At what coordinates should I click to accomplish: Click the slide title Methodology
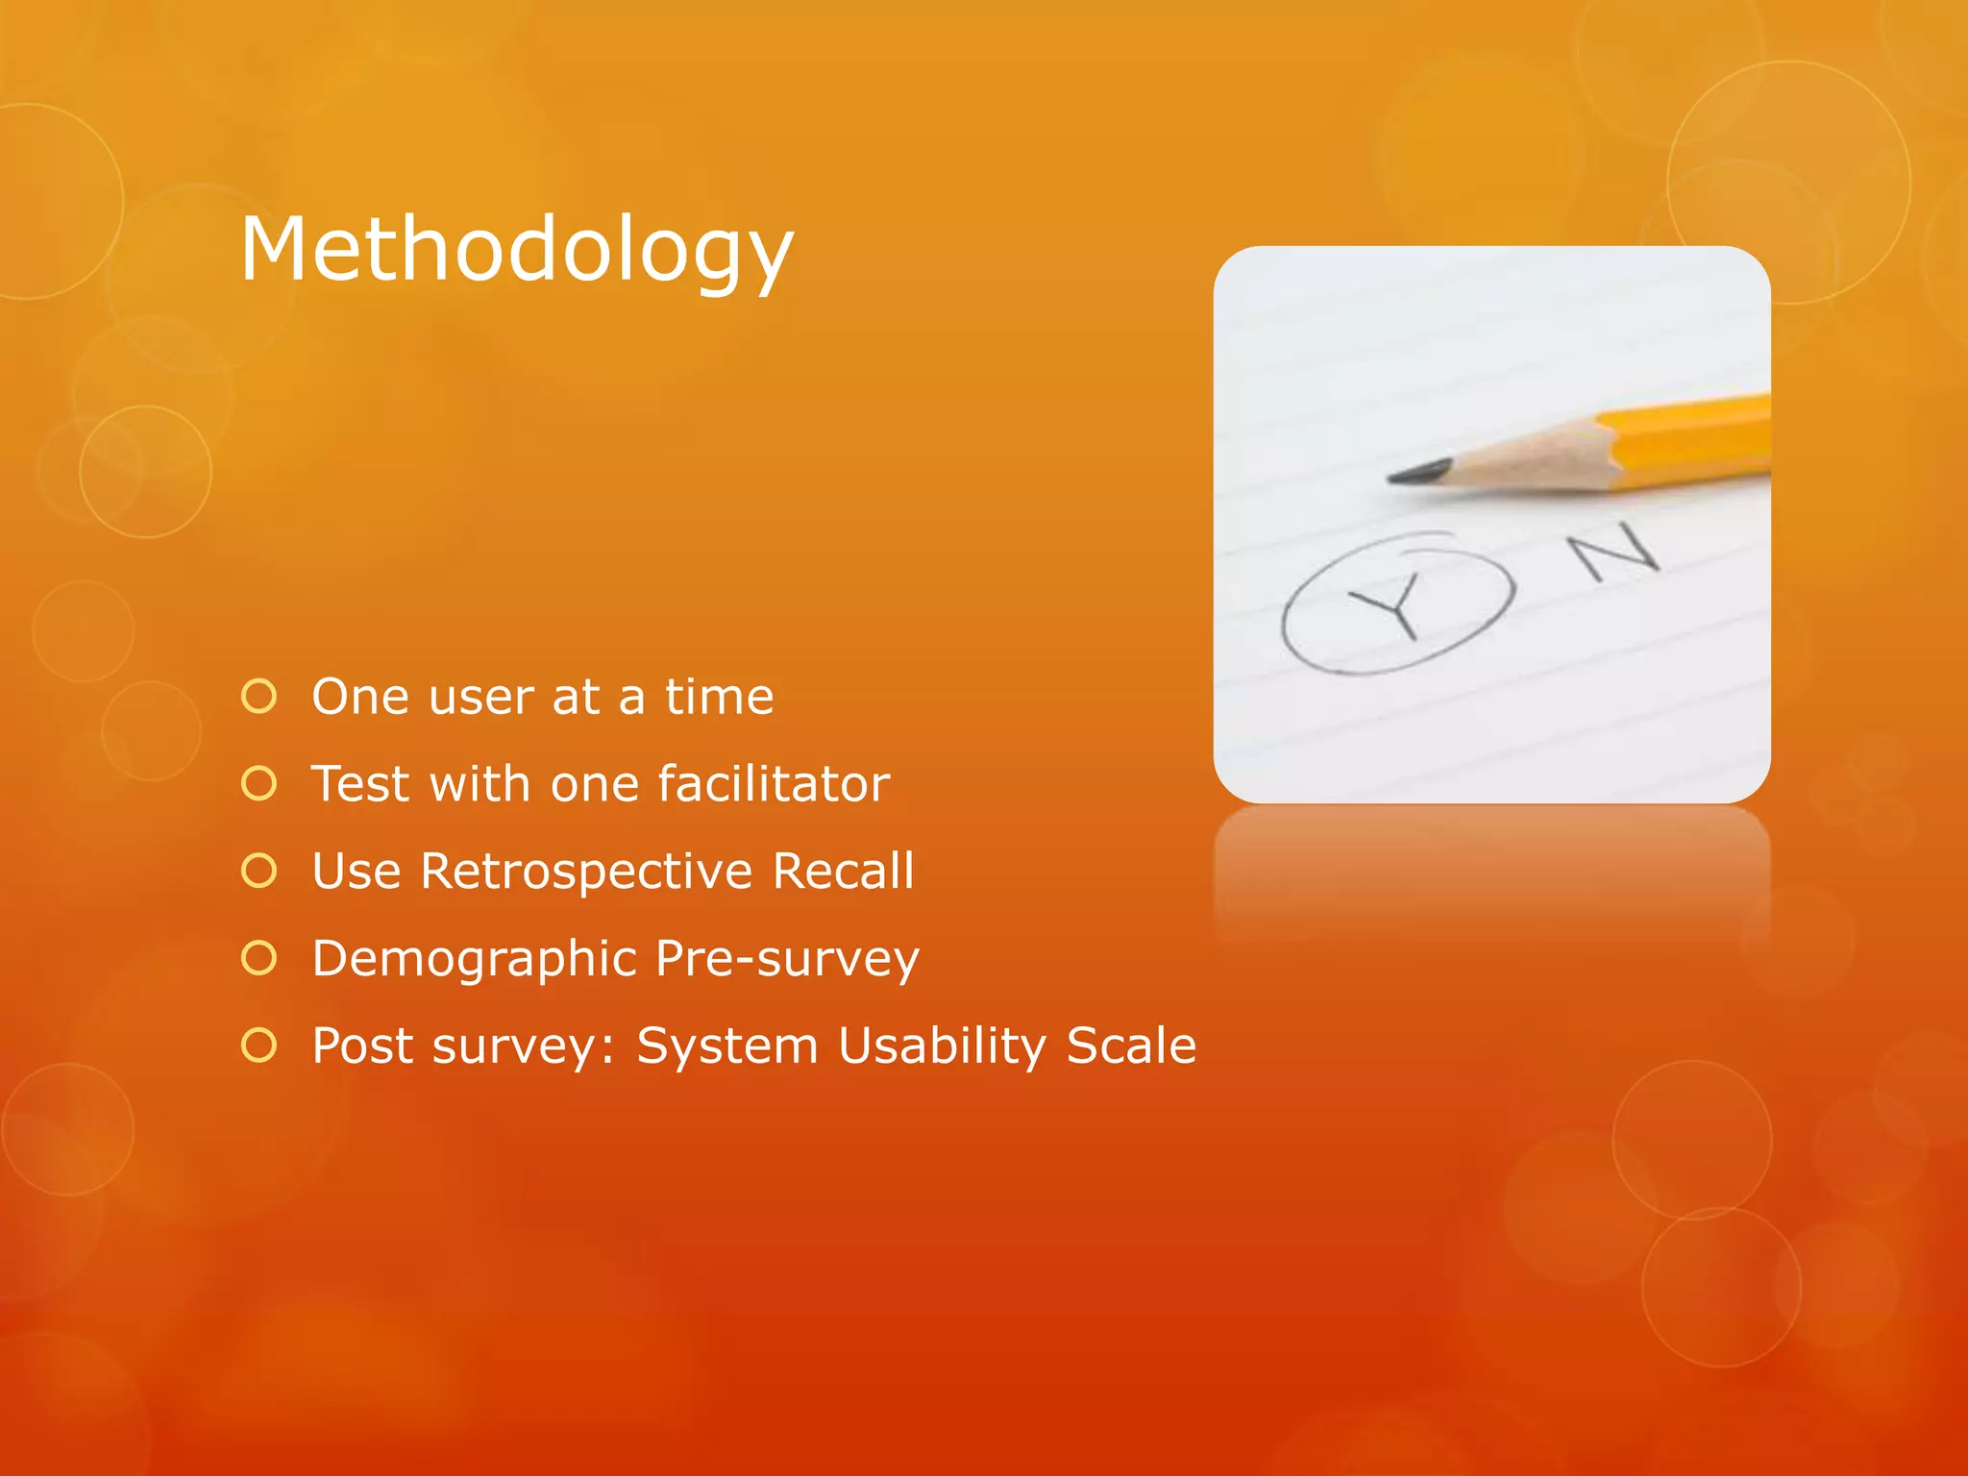click(517, 250)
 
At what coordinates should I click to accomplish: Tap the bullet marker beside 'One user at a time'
click(259, 697)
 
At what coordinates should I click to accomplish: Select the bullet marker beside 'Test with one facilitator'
click(259, 784)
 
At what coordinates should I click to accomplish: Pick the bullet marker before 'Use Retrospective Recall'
click(259, 871)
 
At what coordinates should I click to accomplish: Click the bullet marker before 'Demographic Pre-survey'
click(259, 958)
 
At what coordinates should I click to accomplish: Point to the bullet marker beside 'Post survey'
click(259, 1045)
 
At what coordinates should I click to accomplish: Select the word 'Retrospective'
click(586, 873)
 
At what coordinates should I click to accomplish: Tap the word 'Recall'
click(843, 871)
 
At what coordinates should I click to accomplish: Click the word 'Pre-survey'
click(787, 959)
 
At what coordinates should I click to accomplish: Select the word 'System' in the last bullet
click(726, 1046)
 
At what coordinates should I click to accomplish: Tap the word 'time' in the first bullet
click(719, 697)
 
